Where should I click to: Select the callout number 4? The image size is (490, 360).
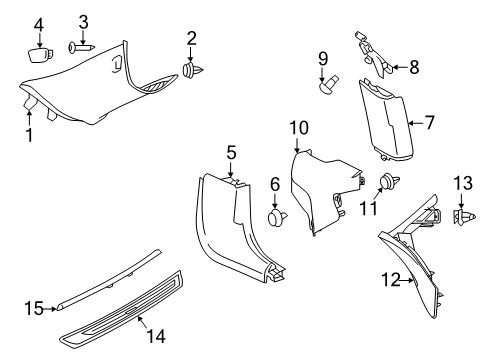[x=39, y=23]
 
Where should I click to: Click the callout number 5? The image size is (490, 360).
[x=230, y=152]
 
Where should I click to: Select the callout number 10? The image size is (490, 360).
[x=299, y=127]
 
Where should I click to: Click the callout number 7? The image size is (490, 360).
[x=428, y=123]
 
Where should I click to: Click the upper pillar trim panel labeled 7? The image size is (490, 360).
[x=390, y=120]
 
